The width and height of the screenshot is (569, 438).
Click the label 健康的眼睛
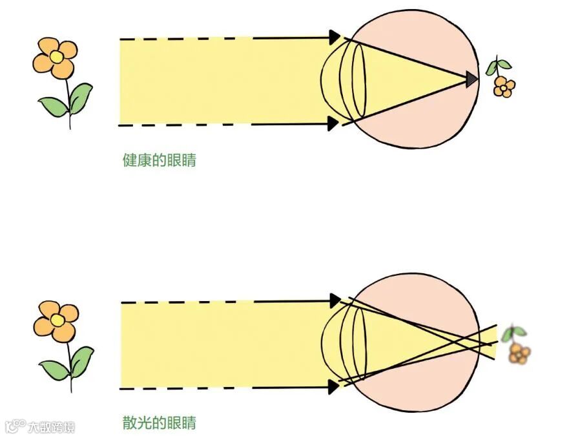click(159, 160)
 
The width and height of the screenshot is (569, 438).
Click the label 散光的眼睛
click(159, 423)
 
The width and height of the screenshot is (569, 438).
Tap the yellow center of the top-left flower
click(57, 57)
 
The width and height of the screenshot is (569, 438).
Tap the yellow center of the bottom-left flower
click(57, 320)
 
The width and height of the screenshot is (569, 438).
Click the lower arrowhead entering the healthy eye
click(334, 123)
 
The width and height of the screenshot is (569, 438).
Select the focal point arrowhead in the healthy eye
click(472, 79)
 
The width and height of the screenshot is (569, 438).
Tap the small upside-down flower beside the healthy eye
click(502, 85)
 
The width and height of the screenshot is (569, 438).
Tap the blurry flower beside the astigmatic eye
click(519, 353)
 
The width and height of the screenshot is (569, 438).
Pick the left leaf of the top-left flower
click(53, 106)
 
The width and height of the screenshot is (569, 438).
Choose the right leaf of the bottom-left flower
click(82, 360)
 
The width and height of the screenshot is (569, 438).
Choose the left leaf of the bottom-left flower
click(54, 369)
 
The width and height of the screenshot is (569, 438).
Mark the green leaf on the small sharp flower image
click(499, 65)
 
